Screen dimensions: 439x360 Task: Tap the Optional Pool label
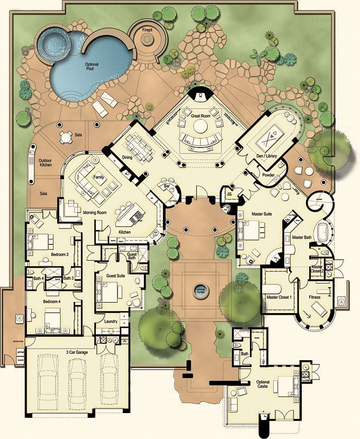(92, 66)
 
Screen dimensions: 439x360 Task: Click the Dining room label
(127, 157)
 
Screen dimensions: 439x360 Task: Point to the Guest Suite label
(116, 276)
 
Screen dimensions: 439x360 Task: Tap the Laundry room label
(111, 321)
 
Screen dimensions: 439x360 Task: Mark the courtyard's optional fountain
(200, 290)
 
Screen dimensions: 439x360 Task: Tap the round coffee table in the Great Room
(200, 126)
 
